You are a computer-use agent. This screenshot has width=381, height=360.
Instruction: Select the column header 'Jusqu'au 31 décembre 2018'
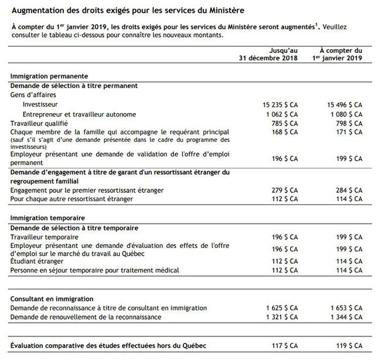point(268,55)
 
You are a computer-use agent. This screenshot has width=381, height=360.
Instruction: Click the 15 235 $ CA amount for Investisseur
point(280,104)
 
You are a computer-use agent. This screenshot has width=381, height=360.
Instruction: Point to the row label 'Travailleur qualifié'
point(39,124)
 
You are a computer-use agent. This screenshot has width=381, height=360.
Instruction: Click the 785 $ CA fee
point(285,124)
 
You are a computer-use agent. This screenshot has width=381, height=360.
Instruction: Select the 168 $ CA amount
point(285,133)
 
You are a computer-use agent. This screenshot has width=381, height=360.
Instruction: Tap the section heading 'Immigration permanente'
point(49,76)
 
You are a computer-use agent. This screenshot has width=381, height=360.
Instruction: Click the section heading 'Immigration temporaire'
point(47,218)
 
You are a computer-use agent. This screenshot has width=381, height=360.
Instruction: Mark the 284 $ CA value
point(350,191)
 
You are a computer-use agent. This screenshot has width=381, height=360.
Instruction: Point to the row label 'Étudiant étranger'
point(37,261)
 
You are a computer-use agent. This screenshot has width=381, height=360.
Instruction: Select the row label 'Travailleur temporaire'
point(45,237)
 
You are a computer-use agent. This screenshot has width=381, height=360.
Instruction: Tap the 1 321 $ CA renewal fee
point(283,317)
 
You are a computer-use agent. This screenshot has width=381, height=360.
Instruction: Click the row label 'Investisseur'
point(40,104)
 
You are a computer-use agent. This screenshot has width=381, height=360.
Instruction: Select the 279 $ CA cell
point(285,191)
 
